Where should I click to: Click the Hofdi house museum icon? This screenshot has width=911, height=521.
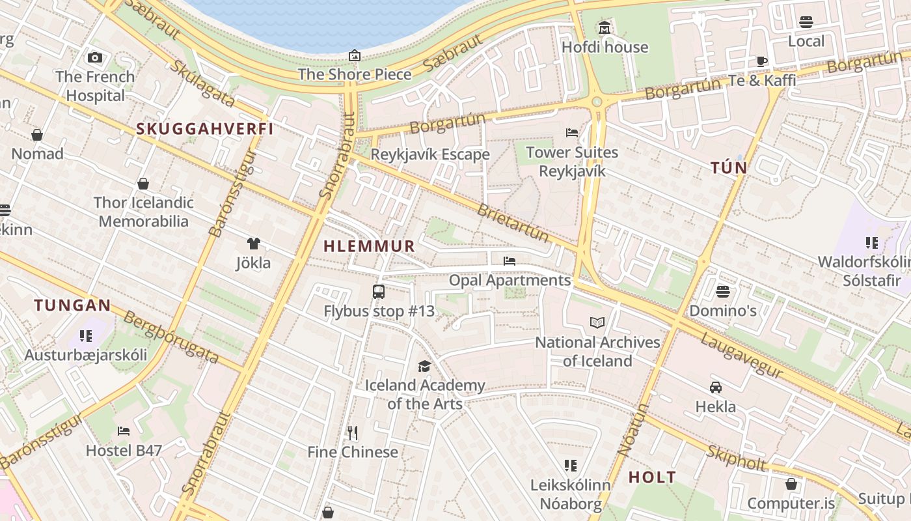tap(605, 28)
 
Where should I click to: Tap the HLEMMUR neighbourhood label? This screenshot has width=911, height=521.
tap(369, 246)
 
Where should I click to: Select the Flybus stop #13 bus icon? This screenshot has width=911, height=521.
tap(379, 291)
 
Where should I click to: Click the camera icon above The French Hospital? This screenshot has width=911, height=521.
tap(95, 57)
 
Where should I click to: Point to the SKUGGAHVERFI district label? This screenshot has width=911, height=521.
tap(205, 129)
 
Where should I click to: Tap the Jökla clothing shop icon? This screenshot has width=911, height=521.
tap(253, 244)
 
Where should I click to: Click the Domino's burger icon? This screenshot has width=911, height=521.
tap(722, 291)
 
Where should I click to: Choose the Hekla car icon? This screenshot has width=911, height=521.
tap(716, 387)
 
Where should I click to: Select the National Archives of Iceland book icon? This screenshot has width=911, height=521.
tap(597, 322)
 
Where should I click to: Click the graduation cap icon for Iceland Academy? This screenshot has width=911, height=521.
tap(424, 366)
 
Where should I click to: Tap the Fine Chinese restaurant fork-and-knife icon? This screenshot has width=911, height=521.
tap(353, 432)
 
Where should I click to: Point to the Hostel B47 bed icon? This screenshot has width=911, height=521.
tap(124, 430)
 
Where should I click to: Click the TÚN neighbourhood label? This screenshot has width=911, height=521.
tap(729, 168)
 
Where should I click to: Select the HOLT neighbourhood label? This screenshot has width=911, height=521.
tap(652, 477)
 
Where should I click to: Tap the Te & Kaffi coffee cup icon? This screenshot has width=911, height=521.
tap(762, 61)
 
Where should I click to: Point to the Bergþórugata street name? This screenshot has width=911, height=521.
tap(170, 337)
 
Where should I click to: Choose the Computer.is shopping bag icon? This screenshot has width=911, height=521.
tap(791, 484)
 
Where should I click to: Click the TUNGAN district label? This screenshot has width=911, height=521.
tap(73, 305)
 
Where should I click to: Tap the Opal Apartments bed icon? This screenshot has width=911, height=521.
tap(510, 261)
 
